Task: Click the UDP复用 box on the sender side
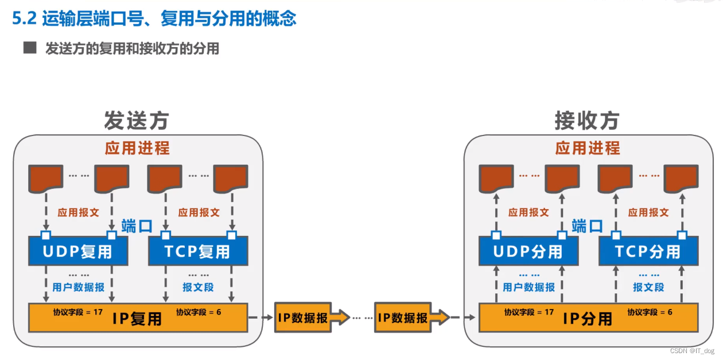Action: click(x=78, y=251)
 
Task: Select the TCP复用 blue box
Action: click(x=197, y=251)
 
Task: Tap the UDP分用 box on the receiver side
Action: click(x=528, y=251)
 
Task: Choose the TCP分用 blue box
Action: click(x=648, y=251)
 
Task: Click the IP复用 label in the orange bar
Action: click(x=138, y=318)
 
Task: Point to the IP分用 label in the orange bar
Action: click(x=588, y=318)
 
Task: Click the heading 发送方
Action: click(x=136, y=121)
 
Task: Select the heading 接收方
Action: click(x=587, y=121)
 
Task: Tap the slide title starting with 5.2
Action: click(x=154, y=18)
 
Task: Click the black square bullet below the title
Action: click(x=30, y=48)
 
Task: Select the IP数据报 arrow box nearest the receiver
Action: click(x=410, y=317)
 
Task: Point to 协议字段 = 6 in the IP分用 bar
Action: click(x=650, y=312)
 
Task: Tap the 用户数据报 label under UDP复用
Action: click(x=79, y=287)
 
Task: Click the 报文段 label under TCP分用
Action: click(x=648, y=287)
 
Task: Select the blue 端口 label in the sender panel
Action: click(x=137, y=226)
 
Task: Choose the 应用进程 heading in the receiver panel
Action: click(x=588, y=148)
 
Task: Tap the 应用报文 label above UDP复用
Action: click(x=79, y=212)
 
